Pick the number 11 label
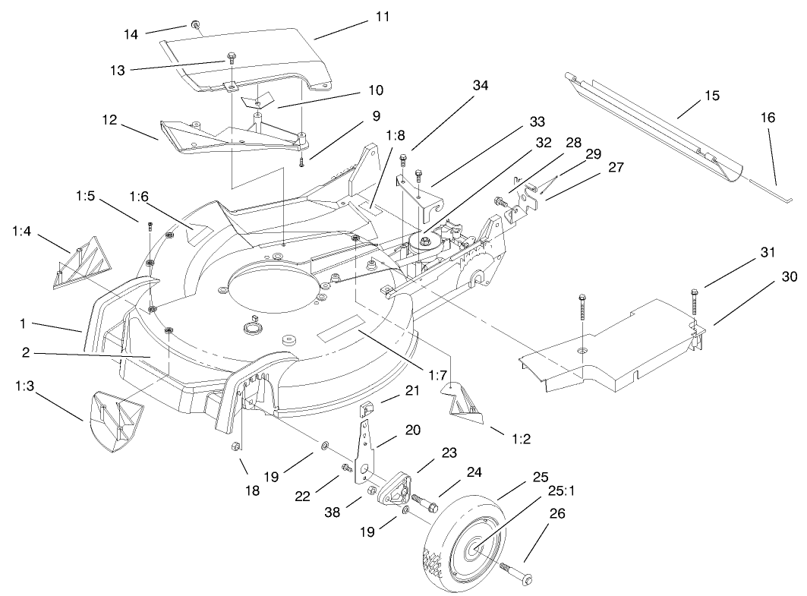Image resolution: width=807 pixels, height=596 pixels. [383, 16]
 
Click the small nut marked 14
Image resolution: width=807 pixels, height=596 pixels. [196, 25]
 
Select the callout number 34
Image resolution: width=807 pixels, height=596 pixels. [480, 86]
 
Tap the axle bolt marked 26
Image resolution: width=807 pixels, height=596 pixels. [515, 573]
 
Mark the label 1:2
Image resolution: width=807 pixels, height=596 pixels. [500, 439]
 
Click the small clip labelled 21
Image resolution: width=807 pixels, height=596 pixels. [366, 411]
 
